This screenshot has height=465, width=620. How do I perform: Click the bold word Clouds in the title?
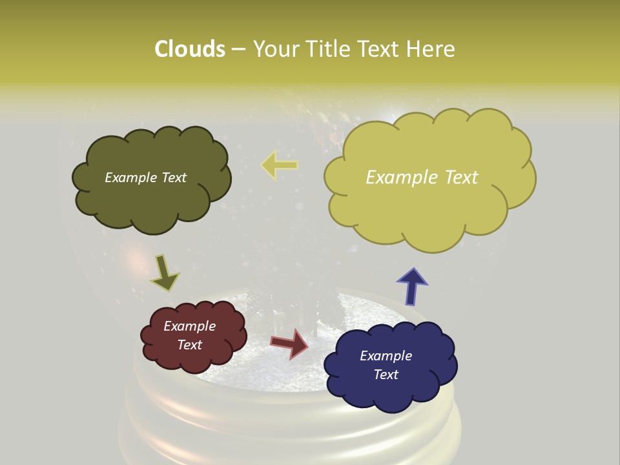coord(189,49)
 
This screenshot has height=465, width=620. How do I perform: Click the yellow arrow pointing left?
coord(279,165)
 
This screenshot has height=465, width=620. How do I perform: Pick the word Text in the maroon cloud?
coord(190,345)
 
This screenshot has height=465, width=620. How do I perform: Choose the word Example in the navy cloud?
coord(386,356)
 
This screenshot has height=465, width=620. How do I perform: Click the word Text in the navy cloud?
coord(386,375)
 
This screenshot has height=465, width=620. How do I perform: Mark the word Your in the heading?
coord(276,49)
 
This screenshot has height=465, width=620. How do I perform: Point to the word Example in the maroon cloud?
coord(190,326)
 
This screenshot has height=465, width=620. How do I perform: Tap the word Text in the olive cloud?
coord(174,178)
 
